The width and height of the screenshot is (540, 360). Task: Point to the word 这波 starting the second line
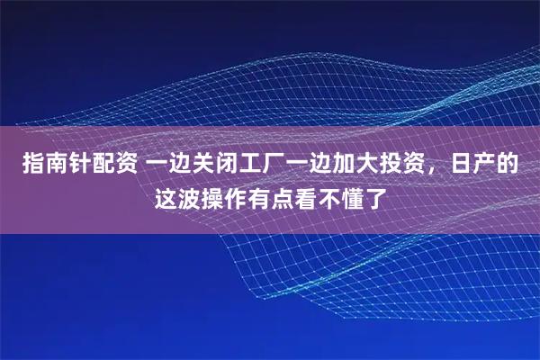175,196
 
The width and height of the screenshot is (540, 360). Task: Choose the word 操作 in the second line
222,196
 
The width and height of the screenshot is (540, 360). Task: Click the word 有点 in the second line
269,196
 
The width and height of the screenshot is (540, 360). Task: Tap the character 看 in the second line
305,196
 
